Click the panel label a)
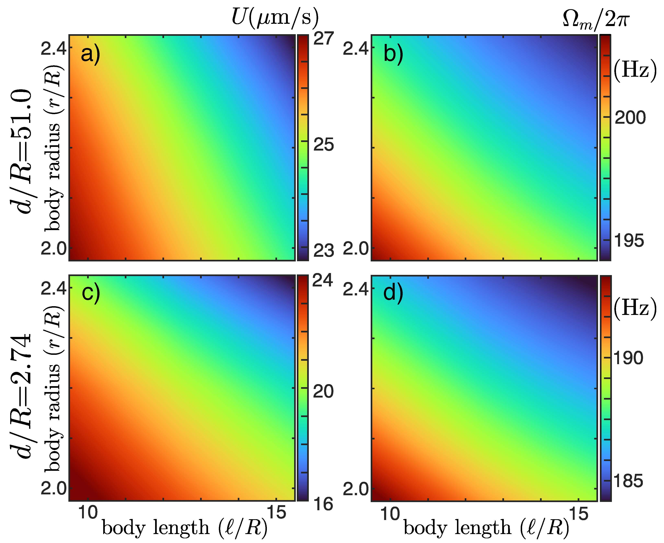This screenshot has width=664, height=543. pos(90,54)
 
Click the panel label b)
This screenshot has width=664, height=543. pos(393,54)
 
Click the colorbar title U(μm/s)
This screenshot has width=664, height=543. pos(275,17)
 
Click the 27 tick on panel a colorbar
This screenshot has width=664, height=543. pos(323,39)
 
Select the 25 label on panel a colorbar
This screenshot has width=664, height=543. pos(323,145)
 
